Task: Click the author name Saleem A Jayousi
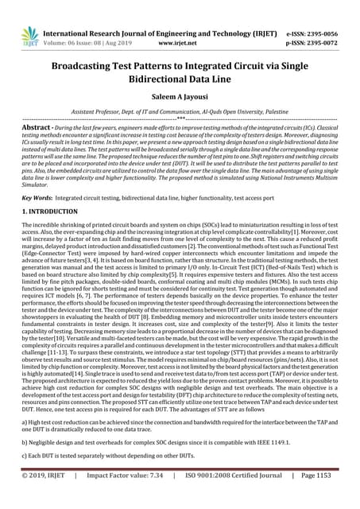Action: (x=180, y=93)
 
